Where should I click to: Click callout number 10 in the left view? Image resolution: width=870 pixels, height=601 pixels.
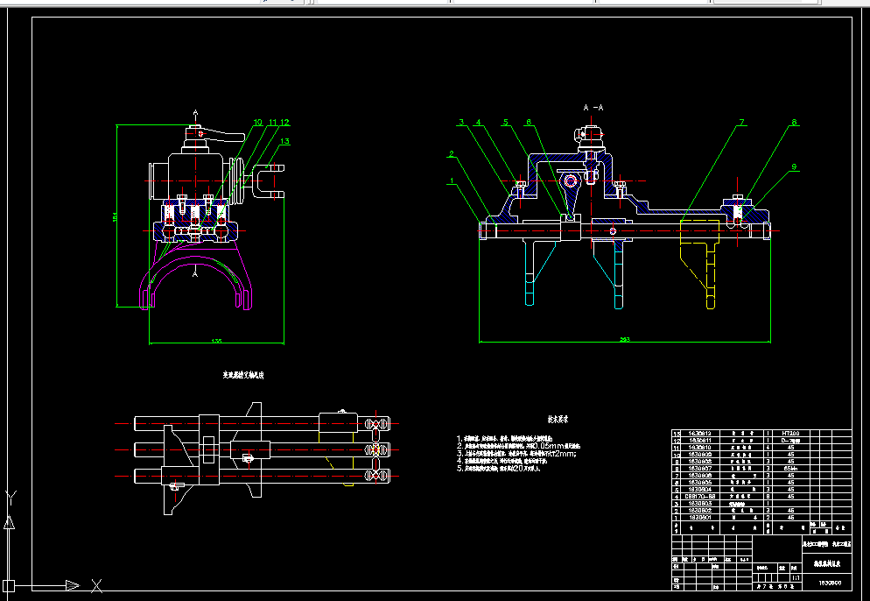[x=257, y=123]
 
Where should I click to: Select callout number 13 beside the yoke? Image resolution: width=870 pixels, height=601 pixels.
[x=284, y=140]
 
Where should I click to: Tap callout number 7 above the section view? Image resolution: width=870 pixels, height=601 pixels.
[x=740, y=123]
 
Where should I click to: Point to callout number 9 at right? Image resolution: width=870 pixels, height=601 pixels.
[x=794, y=166]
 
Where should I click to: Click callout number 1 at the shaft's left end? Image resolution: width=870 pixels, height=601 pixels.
[x=451, y=182]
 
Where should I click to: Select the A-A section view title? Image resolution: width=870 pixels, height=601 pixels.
[x=593, y=107]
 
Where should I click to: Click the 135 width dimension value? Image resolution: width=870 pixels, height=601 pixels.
[x=216, y=341]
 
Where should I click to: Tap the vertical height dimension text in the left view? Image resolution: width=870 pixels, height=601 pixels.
[x=114, y=217]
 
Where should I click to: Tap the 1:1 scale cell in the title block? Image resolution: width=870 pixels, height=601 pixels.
[x=795, y=578]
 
